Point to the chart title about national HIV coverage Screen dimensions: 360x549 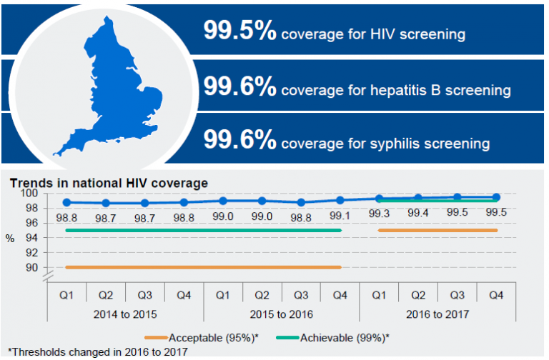coord(109,183)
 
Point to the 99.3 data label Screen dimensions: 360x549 coord(379,214)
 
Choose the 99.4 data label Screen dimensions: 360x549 coord(417,214)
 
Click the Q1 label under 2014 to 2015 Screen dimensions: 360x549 coord(66,294)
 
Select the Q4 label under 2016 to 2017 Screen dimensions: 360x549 coord(496,294)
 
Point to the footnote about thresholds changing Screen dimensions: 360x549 coord(97,351)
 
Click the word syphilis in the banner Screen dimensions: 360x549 coord(396,144)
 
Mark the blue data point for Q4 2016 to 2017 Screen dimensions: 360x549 coord(496,197)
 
